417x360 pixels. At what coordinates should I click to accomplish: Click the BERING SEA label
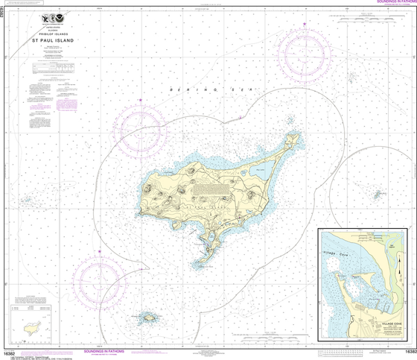pyautogui.click(x=200, y=89)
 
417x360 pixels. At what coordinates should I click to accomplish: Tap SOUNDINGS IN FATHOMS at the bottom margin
pyautogui.click(x=107, y=350)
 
